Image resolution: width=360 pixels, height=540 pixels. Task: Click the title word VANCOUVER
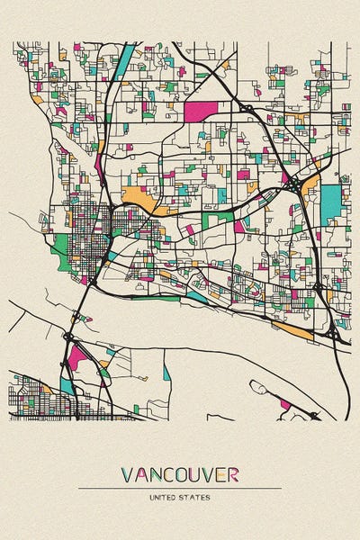(180, 474)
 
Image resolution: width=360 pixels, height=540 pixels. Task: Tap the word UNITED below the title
(164, 497)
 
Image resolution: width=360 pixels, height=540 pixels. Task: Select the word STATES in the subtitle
(197, 497)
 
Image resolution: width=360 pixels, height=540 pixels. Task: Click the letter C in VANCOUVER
(157, 474)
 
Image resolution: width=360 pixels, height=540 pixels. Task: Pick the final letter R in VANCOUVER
(233, 474)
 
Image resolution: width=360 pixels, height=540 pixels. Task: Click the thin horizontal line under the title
(180, 488)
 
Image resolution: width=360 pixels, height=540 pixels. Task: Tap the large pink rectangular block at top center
(201, 112)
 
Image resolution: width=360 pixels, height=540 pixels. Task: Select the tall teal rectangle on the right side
(332, 205)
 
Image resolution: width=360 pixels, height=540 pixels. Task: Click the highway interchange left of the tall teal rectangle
(295, 184)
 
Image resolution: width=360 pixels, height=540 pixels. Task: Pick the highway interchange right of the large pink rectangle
(245, 107)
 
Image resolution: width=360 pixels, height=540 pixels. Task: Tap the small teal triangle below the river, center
(166, 373)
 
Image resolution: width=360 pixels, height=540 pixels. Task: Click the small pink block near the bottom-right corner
(285, 404)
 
